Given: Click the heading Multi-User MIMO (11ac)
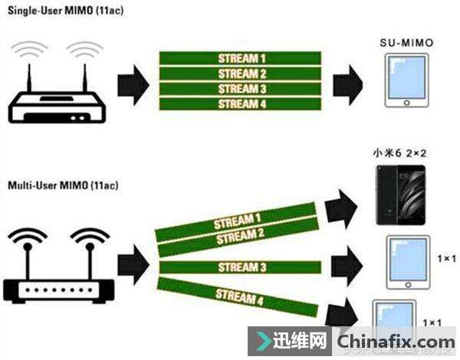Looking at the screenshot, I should coord(58,186).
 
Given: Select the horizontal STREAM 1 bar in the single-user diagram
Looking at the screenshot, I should coord(240,58).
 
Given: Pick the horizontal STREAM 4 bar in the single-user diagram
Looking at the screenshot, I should coord(240,104).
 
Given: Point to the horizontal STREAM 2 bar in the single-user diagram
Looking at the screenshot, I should coord(240,74).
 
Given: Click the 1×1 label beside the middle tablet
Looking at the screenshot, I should coord(443,260).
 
